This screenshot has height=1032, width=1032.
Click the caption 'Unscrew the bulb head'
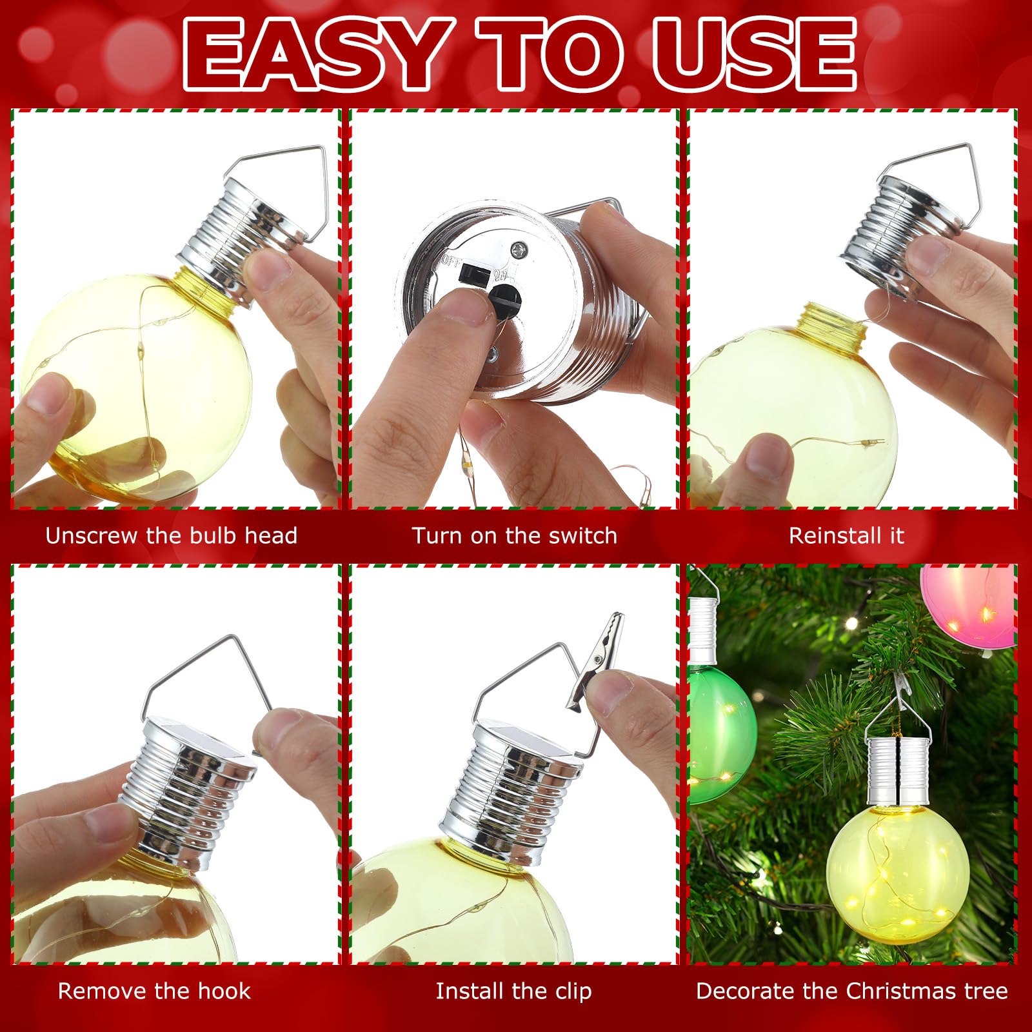tap(172, 536)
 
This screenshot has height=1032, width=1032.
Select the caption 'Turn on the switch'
tap(515, 536)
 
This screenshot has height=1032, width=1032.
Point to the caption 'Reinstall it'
tap(846, 536)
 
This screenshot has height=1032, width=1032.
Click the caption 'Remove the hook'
tap(154, 991)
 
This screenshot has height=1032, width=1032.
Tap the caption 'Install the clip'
tap(514, 991)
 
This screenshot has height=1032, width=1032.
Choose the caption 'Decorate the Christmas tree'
tap(852, 991)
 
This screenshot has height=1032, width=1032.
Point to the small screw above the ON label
tap(517, 249)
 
